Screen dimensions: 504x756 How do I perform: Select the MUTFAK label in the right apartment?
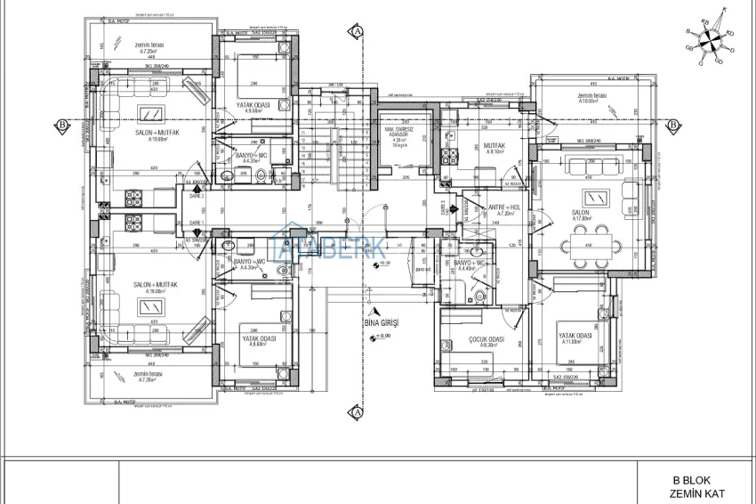(495, 145)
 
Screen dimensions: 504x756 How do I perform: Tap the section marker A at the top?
(357, 29)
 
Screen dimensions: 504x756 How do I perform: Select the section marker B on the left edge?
(61, 124)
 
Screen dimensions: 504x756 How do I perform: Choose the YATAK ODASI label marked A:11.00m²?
(575, 337)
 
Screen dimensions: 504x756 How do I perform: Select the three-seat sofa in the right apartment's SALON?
(591, 164)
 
